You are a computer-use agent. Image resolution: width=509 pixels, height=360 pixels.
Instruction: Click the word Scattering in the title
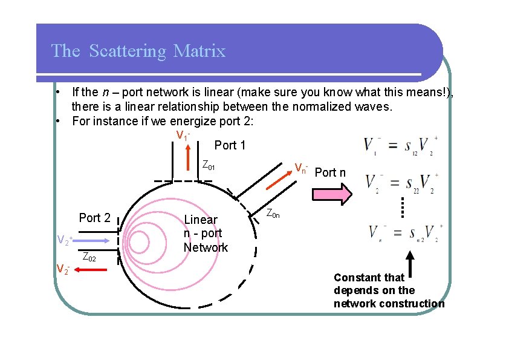click(x=127, y=51)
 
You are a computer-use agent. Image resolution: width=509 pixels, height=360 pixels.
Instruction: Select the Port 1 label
click(x=230, y=145)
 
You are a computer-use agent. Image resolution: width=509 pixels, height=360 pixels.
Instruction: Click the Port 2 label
click(x=95, y=218)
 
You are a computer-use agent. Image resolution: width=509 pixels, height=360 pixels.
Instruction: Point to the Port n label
click(x=331, y=172)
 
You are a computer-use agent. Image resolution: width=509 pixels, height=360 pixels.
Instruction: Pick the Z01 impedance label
click(x=209, y=165)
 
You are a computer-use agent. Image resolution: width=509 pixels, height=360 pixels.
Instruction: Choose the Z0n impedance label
click(x=273, y=214)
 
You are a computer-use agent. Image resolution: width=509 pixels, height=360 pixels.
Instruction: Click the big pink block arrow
click(x=331, y=195)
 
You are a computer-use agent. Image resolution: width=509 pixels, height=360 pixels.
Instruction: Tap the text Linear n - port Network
click(x=206, y=234)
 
